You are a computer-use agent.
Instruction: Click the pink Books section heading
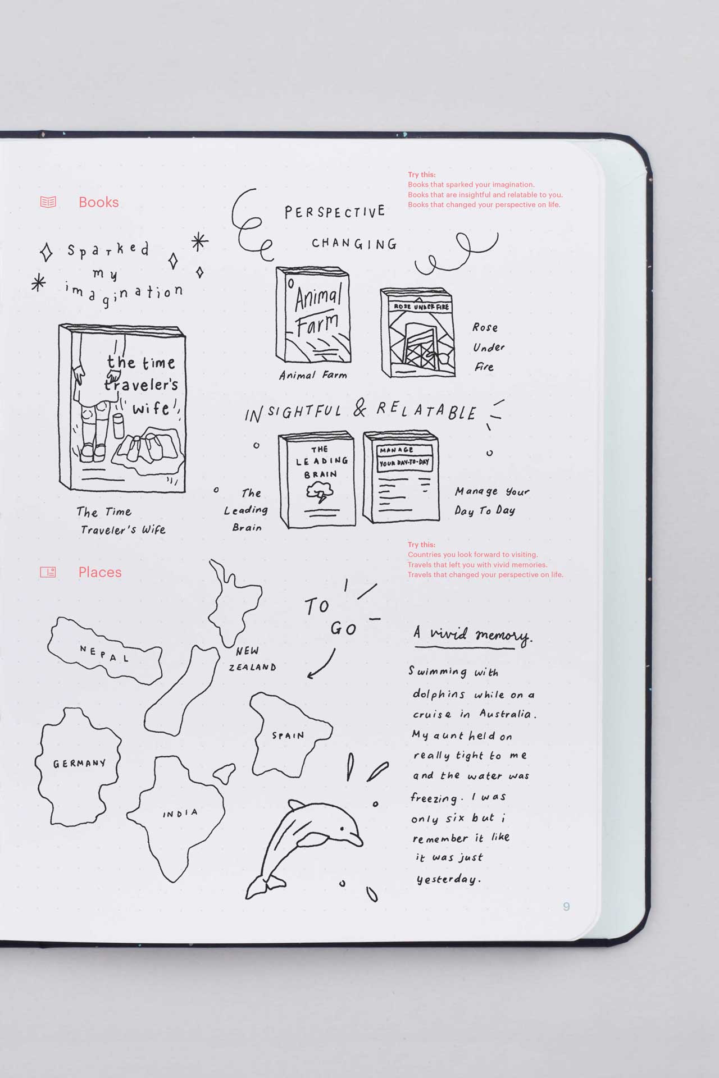tap(99, 202)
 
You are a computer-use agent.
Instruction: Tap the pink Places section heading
tap(100, 572)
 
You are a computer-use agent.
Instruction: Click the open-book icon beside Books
tap(48, 202)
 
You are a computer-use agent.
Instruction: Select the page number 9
tap(566, 906)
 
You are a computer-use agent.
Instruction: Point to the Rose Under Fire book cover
tap(417, 332)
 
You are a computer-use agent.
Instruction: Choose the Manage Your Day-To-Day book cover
tap(401, 477)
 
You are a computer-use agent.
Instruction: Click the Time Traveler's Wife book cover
tap(122, 408)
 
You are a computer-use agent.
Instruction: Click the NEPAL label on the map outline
tap(104, 653)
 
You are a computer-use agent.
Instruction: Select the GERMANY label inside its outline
tap(79, 763)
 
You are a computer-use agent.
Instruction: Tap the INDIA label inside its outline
tap(180, 813)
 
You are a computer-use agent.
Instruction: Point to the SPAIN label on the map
tap(288, 735)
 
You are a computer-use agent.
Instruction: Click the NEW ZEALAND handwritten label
tap(252, 659)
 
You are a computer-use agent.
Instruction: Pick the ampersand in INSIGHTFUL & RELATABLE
tap(360, 409)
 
